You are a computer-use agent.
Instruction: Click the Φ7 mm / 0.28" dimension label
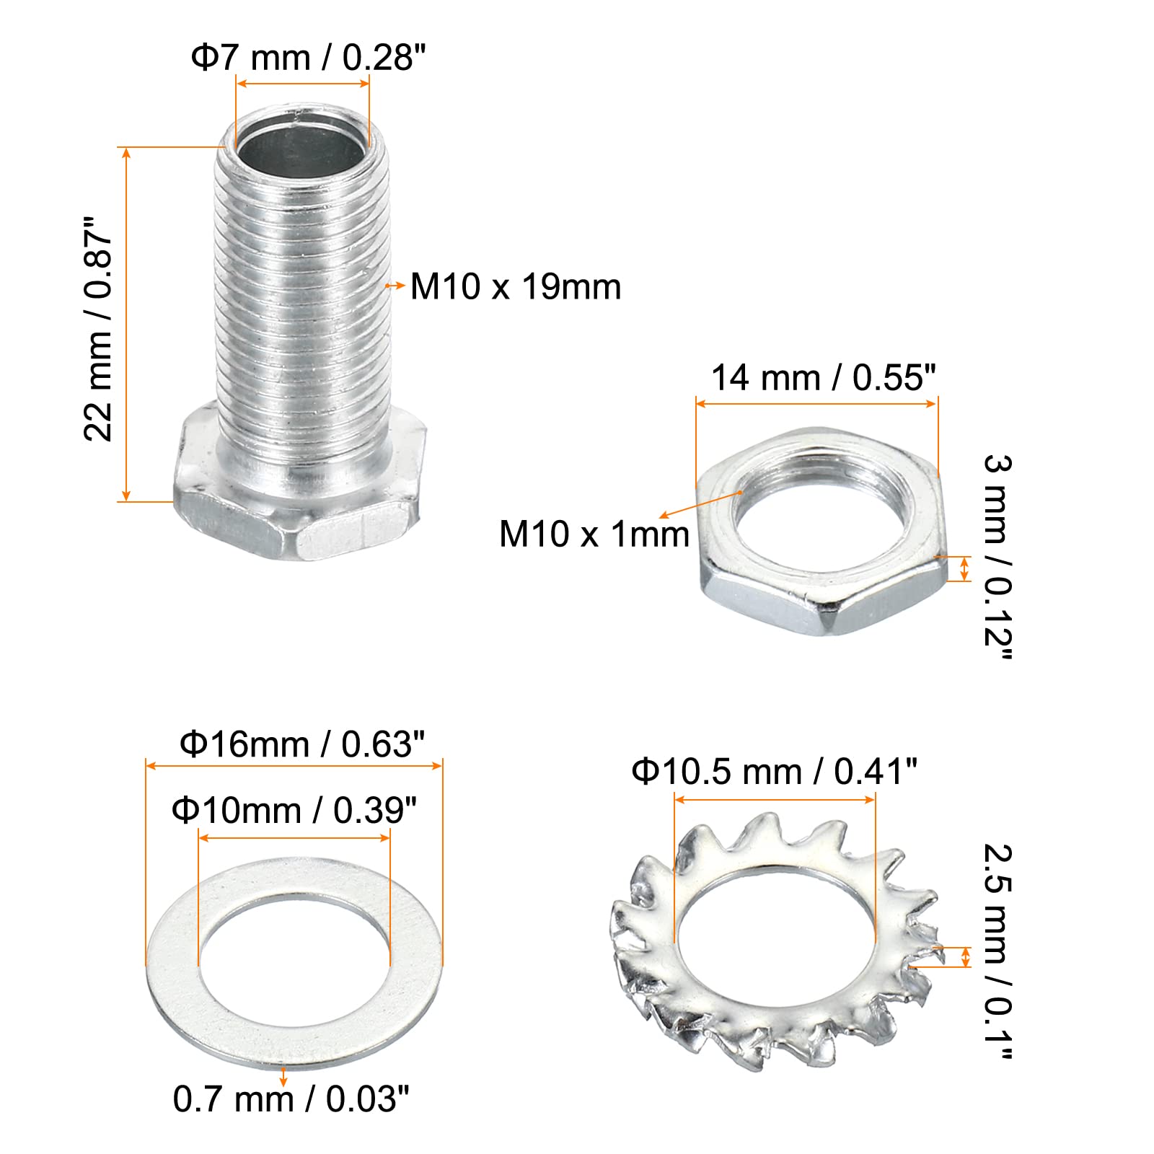point(308,57)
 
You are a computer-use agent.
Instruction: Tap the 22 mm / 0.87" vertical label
point(98,328)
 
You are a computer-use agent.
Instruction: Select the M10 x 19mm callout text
point(516,287)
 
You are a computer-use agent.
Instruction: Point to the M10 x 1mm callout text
point(594,534)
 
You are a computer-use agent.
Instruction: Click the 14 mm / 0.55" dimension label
point(824,378)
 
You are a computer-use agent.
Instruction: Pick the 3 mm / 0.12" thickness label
point(998,558)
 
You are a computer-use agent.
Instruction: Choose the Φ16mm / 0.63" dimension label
point(302,744)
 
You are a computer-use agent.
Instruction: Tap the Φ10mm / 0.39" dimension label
point(294,811)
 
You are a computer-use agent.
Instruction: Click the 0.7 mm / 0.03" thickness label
point(291,1099)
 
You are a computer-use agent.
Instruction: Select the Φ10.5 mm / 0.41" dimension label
point(774,772)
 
